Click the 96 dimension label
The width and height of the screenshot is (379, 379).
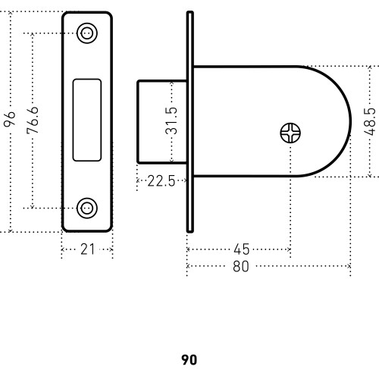pos(10,118)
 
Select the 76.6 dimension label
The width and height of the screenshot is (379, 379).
pos(33,121)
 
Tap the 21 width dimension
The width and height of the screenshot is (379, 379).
pos(87,249)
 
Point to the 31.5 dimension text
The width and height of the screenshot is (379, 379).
pos(171,121)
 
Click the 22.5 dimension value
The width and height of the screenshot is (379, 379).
pos(161,181)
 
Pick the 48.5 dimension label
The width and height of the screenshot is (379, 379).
pos(370,122)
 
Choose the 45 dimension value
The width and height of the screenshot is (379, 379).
pos(242,249)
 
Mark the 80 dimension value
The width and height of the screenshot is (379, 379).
pos(241,266)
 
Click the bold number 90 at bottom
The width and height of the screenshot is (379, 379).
pos(189,360)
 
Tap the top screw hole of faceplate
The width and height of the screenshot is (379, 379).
pos(87,33)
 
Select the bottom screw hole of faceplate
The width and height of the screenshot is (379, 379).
pos(87,208)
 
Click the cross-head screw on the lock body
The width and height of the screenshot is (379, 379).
pos(290,133)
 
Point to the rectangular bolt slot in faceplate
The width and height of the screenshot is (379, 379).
pos(87,120)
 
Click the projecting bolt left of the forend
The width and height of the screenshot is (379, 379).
pos(162,122)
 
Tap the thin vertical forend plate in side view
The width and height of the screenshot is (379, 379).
pos(190,122)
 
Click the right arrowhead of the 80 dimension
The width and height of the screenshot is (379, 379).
pos(349,266)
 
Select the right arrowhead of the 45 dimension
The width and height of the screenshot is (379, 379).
pos(289,249)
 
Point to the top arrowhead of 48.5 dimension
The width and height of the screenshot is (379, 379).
pos(370,67)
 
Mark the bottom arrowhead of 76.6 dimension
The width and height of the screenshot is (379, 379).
pos(32,207)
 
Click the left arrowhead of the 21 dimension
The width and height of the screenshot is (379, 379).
pos(63,249)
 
